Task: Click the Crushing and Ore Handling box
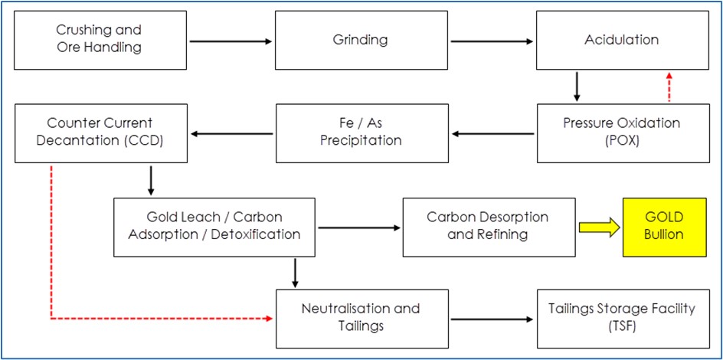(100, 40)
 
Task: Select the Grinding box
(361, 40)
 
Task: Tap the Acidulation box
(623, 40)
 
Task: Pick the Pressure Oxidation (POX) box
(623, 133)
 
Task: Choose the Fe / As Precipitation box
(362, 133)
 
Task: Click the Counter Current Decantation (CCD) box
(101, 133)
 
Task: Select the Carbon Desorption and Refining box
(489, 227)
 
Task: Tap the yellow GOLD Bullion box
(665, 227)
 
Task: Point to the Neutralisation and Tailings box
(362, 319)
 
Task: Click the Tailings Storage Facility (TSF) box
(623, 319)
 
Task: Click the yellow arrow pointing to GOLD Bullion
(600, 227)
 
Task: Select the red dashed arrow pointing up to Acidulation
(669, 87)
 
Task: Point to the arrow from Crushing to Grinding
(231, 41)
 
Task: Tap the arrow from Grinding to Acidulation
(492, 41)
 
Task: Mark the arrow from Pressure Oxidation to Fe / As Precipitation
(493, 134)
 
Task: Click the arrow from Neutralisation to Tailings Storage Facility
(492, 319)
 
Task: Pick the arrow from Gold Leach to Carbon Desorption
(359, 227)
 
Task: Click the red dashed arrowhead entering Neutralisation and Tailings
(270, 318)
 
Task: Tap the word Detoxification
(256, 234)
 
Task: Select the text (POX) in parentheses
(623, 141)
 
